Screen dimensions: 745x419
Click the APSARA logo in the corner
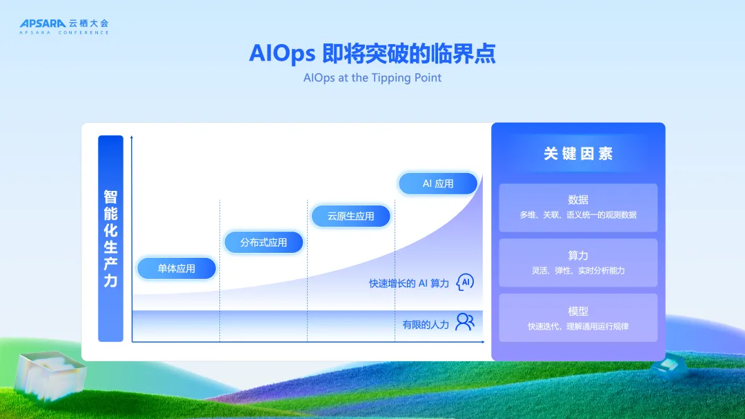pos(64,27)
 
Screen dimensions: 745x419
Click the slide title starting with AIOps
pos(372,53)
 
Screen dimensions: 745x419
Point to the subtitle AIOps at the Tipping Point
pos(372,78)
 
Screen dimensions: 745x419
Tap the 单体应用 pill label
pos(177,269)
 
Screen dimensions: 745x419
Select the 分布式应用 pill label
pos(264,243)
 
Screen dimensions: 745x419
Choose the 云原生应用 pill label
pos(350,216)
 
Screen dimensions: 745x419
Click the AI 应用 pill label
pos(438,183)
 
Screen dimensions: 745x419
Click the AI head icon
pos(465,283)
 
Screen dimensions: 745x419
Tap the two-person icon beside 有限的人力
pos(465,322)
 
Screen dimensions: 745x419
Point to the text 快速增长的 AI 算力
pos(409,283)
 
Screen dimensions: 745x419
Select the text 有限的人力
pos(426,325)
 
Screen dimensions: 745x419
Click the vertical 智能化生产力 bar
pos(110,238)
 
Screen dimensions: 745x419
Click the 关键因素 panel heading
pos(578,154)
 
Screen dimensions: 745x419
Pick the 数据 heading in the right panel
pos(578,200)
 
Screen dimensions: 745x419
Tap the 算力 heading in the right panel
pos(578,255)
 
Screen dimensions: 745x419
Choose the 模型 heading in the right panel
pos(578,311)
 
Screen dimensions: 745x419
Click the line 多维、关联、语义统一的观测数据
pos(578,215)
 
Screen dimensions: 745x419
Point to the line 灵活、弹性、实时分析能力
pos(578,270)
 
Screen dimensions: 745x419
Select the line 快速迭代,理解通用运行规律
pos(578,327)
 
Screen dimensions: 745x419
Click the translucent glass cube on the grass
pos(50,376)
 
